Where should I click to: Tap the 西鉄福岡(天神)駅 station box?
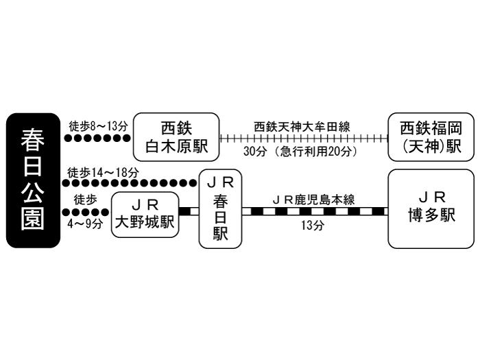[x=430, y=137]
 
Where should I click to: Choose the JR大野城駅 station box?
[x=144, y=215]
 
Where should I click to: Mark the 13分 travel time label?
[x=313, y=226]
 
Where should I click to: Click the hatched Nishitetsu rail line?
[x=302, y=138]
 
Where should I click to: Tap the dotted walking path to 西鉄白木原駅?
[x=97, y=138]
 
